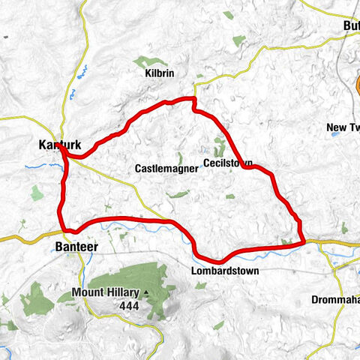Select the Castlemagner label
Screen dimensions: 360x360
[x=166, y=169]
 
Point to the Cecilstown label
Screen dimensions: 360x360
[x=227, y=163]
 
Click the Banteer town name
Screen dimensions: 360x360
[x=76, y=246]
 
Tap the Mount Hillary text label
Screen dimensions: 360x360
[x=107, y=292]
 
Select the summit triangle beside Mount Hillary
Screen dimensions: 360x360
[x=147, y=292]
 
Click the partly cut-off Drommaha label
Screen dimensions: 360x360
[x=335, y=300]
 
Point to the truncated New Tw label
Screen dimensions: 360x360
[x=343, y=128]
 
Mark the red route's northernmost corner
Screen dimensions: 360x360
[x=193, y=98]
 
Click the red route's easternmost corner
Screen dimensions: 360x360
[x=302, y=241]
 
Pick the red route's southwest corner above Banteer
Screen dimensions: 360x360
[x=65, y=229]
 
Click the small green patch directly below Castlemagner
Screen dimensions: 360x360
[x=178, y=194]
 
